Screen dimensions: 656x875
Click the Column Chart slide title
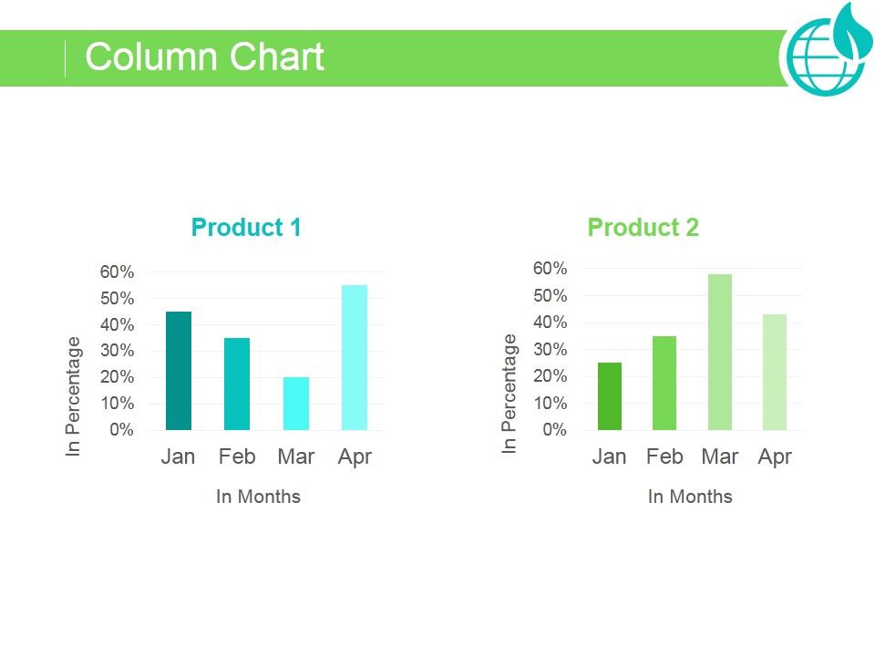[x=204, y=57]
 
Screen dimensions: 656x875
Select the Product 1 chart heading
[x=246, y=227]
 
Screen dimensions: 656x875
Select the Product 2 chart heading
[x=643, y=227]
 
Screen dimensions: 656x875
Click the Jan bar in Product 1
[x=179, y=371]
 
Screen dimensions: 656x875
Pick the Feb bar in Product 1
[x=237, y=384]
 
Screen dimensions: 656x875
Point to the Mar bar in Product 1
[x=296, y=404]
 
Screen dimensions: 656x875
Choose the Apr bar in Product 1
[x=355, y=357]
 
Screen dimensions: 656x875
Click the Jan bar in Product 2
[x=610, y=396]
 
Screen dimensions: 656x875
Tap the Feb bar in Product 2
[x=664, y=383]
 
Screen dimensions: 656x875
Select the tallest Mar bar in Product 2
[x=719, y=352]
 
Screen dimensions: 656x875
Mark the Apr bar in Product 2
[x=774, y=372]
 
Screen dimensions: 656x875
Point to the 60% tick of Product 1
[x=117, y=272]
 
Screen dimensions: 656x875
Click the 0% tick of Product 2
[x=554, y=430]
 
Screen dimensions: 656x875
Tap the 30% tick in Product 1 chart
[x=117, y=351]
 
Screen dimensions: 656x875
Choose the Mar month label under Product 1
[x=296, y=456]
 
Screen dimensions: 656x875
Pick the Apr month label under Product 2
[x=775, y=456]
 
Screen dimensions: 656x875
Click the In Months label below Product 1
[x=258, y=497]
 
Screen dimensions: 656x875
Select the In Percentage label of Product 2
[x=510, y=394]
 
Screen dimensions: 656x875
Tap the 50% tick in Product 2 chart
[x=551, y=296]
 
